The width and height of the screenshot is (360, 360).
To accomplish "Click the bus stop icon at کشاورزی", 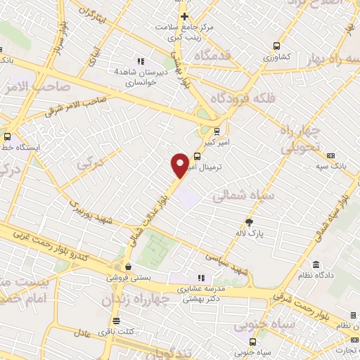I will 277,47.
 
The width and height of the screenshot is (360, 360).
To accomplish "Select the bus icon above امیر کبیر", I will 217,130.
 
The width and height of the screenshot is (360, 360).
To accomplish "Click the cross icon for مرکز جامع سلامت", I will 184,16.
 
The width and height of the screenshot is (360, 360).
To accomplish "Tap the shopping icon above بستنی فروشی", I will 128,267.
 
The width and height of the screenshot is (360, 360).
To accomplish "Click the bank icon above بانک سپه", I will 330,156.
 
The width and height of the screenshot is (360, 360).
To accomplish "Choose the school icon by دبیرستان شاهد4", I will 140,61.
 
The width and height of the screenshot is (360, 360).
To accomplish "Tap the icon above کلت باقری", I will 107,320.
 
